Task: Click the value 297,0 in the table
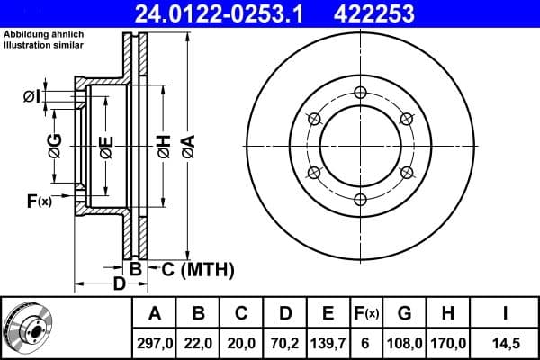tap(154, 342)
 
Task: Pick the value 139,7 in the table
tap(328, 342)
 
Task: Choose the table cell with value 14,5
tap(504, 342)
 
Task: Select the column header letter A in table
tap(154, 313)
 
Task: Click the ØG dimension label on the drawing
tap(55, 143)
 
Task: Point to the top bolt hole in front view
tap(360, 93)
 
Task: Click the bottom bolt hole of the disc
tap(360, 199)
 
